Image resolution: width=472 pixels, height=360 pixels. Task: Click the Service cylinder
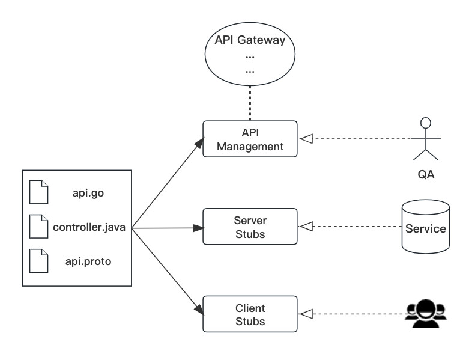click(x=426, y=227)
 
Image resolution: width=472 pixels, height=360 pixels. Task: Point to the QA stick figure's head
click(x=426, y=123)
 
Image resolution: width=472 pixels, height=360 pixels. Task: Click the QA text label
click(x=426, y=174)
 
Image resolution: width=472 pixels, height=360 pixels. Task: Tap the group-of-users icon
click(x=426, y=314)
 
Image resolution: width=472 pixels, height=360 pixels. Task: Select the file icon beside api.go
click(x=38, y=192)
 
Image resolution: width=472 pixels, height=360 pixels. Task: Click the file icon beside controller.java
click(x=38, y=226)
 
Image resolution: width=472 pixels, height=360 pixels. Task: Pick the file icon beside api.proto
click(x=38, y=261)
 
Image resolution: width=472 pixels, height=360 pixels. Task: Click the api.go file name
click(x=88, y=193)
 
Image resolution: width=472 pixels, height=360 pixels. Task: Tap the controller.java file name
click(x=89, y=227)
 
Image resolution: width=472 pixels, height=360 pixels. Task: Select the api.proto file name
click(x=88, y=261)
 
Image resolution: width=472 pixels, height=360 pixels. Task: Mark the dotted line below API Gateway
click(x=250, y=103)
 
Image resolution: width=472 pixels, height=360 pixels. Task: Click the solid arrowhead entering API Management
click(x=199, y=143)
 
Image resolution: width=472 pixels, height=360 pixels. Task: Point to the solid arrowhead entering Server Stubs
click(x=199, y=228)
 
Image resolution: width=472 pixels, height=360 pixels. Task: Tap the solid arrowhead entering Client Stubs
click(x=199, y=310)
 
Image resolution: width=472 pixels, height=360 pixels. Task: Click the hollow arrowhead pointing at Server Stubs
click(x=306, y=226)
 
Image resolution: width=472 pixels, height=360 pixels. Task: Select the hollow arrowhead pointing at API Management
click(x=306, y=139)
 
